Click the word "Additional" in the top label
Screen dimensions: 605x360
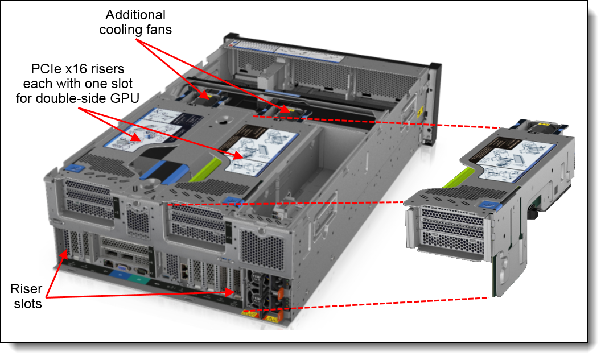135,15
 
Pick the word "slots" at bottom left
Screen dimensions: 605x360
28,304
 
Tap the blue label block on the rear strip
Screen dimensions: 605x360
118,275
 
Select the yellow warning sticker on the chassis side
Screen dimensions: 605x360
419,112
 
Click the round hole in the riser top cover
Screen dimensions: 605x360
222,121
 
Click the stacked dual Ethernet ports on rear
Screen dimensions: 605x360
185,272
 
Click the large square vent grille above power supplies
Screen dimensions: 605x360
262,248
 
